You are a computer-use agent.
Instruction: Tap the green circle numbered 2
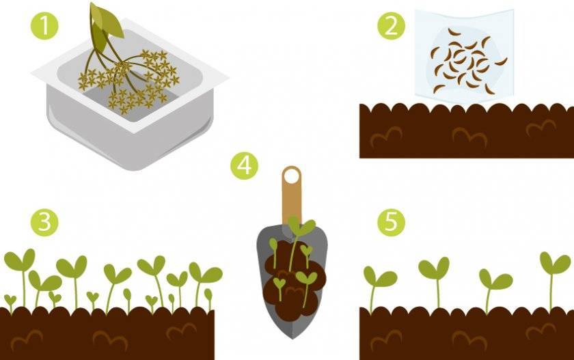pos(392,25)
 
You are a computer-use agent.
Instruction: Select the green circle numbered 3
pos(44,222)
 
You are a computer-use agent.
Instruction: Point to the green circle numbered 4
pos(244,165)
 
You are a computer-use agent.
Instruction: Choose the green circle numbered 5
pos(392,222)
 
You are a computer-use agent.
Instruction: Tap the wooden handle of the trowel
pos(292,197)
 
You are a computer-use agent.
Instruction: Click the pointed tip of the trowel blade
pos(292,338)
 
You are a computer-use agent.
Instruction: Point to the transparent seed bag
pos(464,54)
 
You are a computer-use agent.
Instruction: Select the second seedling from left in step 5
pos(435,281)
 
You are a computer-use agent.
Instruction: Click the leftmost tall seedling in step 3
pos(20,275)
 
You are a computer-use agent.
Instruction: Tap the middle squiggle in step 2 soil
pos(469,136)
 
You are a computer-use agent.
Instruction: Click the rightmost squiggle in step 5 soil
pos(541,331)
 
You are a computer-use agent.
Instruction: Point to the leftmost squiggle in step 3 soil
pos(27,340)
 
